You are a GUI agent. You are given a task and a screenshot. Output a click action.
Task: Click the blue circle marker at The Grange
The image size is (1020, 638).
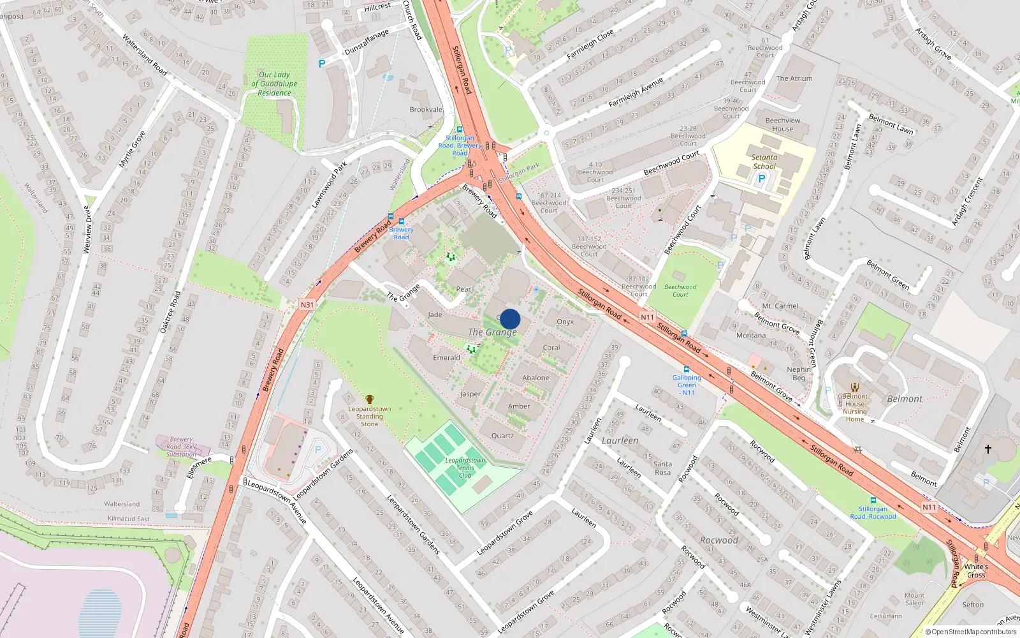point(510,319)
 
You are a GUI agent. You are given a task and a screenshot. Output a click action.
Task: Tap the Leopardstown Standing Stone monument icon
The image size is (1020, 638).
point(369,399)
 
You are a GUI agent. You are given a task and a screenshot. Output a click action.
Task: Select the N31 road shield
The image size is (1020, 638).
point(307,305)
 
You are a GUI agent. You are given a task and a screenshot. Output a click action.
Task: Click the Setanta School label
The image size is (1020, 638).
point(764,162)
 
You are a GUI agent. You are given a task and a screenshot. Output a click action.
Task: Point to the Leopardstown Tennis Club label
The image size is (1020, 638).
point(465,468)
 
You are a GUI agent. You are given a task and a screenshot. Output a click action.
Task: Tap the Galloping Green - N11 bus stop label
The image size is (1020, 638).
point(687,385)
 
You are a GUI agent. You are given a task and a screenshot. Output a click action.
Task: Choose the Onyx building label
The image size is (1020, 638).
point(565,322)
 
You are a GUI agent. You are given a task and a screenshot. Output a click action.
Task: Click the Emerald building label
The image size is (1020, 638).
point(446,358)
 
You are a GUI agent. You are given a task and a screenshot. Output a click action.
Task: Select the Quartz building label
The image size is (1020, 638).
point(502,436)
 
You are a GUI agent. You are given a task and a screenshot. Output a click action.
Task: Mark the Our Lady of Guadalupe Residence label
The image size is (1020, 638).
point(274,84)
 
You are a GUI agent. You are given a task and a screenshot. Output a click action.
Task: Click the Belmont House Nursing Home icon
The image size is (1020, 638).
point(855,387)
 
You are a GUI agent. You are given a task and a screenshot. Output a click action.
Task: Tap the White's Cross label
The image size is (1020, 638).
point(975,570)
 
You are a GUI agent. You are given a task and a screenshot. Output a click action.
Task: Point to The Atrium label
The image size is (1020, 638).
point(794,78)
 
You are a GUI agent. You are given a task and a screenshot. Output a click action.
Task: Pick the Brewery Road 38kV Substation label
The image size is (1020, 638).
point(181,447)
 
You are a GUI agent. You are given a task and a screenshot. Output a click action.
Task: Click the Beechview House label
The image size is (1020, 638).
point(783,124)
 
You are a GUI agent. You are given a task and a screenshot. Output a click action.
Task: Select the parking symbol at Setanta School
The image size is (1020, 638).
point(761,179)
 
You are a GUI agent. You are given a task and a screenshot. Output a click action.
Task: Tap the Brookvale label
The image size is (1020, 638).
point(426,110)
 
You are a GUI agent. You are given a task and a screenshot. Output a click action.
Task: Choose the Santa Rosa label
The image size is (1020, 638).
point(662,468)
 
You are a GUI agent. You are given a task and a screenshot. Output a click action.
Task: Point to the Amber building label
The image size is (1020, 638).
point(519,406)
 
